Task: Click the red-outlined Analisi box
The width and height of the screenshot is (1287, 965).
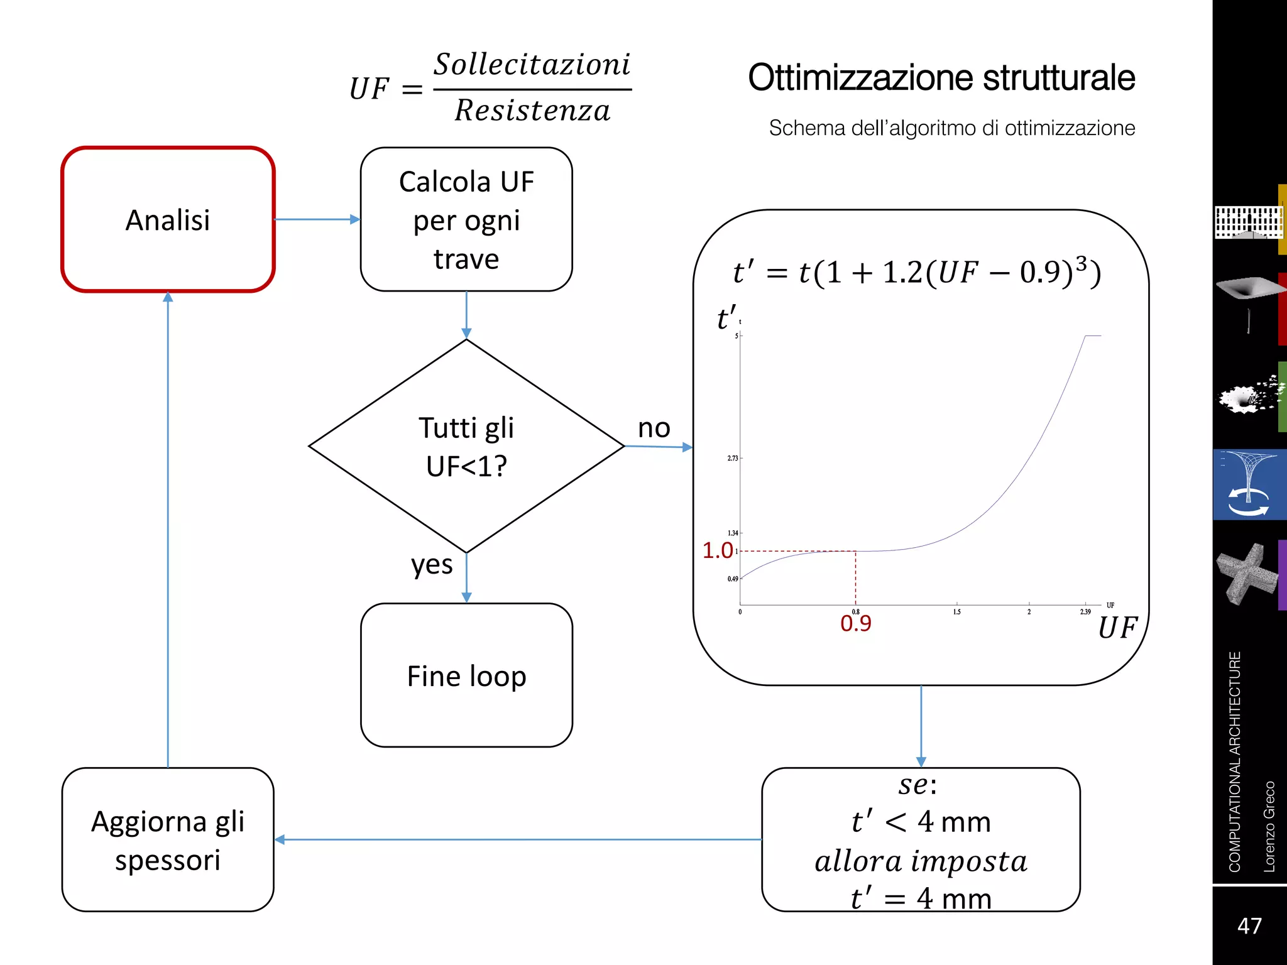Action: point(168,220)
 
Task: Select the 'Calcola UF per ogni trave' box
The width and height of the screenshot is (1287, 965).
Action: point(466,220)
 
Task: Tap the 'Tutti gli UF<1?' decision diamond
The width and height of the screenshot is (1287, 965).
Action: point(466,446)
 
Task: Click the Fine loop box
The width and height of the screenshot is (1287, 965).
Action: point(466,676)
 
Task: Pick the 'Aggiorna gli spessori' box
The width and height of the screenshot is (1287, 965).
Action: point(168,840)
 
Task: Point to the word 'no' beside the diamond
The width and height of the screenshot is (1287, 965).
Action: point(654,428)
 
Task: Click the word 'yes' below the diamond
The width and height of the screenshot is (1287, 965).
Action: point(432,565)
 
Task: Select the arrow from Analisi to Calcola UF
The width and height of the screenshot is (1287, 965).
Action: point(317,219)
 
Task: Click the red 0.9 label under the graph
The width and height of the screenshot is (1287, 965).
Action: point(856,623)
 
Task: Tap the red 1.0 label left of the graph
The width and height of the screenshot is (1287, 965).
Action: point(718,550)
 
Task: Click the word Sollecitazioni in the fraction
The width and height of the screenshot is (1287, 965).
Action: point(532,65)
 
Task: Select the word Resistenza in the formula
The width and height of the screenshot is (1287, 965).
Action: point(532,111)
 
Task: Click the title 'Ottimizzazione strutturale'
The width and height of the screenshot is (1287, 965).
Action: point(941,78)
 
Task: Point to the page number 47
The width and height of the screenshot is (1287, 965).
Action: point(1249,926)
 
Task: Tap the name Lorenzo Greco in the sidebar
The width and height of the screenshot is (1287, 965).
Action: point(1269,826)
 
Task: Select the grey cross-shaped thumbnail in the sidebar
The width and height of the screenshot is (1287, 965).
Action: point(1247,574)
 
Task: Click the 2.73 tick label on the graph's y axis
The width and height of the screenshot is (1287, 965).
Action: point(733,459)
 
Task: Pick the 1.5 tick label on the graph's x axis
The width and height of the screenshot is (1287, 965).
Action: point(956,612)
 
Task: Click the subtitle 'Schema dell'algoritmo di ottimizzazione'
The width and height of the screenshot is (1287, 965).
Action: point(952,128)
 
